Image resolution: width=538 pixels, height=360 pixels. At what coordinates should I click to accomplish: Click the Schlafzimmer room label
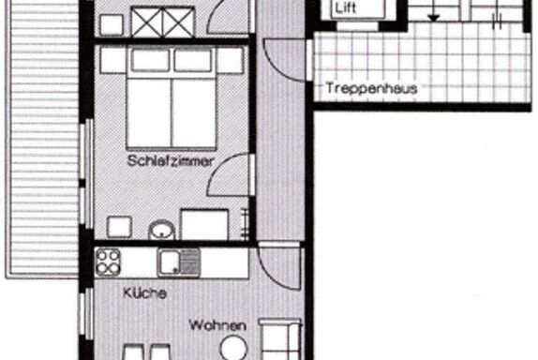point(171,161)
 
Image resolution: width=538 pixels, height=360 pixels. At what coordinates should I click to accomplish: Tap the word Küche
point(144,293)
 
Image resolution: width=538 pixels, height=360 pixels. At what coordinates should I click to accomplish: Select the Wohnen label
point(217,325)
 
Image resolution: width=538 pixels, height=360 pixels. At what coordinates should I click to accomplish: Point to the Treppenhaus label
point(371,88)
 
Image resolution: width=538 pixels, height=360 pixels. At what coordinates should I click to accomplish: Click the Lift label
point(345,7)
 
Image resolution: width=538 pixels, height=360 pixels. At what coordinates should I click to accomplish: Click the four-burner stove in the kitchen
point(108,262)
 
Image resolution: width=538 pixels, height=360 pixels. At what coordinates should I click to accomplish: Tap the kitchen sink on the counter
point(179,262)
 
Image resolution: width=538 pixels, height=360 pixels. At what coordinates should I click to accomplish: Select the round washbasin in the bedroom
point(161,230)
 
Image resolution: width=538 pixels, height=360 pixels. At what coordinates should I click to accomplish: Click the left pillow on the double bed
point(150,61)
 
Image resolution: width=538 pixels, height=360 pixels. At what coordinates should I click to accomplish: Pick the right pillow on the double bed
point(193,61)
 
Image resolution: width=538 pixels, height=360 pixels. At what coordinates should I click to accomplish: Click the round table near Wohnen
point(233,349)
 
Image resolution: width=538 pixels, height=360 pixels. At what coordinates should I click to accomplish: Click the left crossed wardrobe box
point(147,22)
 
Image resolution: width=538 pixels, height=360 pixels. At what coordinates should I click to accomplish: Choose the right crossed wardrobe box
point(178,22)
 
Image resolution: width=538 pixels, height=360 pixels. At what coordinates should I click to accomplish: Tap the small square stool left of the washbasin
point(119,227)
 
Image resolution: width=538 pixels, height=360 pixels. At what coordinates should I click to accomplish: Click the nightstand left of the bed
point(112,61)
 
